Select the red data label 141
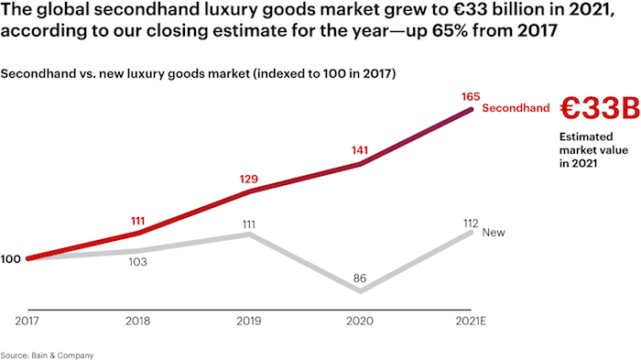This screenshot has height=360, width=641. (360, 150)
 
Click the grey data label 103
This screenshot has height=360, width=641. (138, 262)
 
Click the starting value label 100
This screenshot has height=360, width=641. (11, 259)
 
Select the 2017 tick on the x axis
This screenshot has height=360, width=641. (27, 320)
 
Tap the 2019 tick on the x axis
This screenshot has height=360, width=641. (249, 320)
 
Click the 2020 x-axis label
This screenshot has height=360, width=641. (361, 320)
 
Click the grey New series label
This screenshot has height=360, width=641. (493, 233)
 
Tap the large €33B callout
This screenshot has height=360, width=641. (599, 109)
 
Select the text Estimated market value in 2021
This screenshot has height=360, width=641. (586, 149)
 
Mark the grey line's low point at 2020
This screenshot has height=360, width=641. (361, 291)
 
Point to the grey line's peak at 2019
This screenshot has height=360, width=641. (249, 235)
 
